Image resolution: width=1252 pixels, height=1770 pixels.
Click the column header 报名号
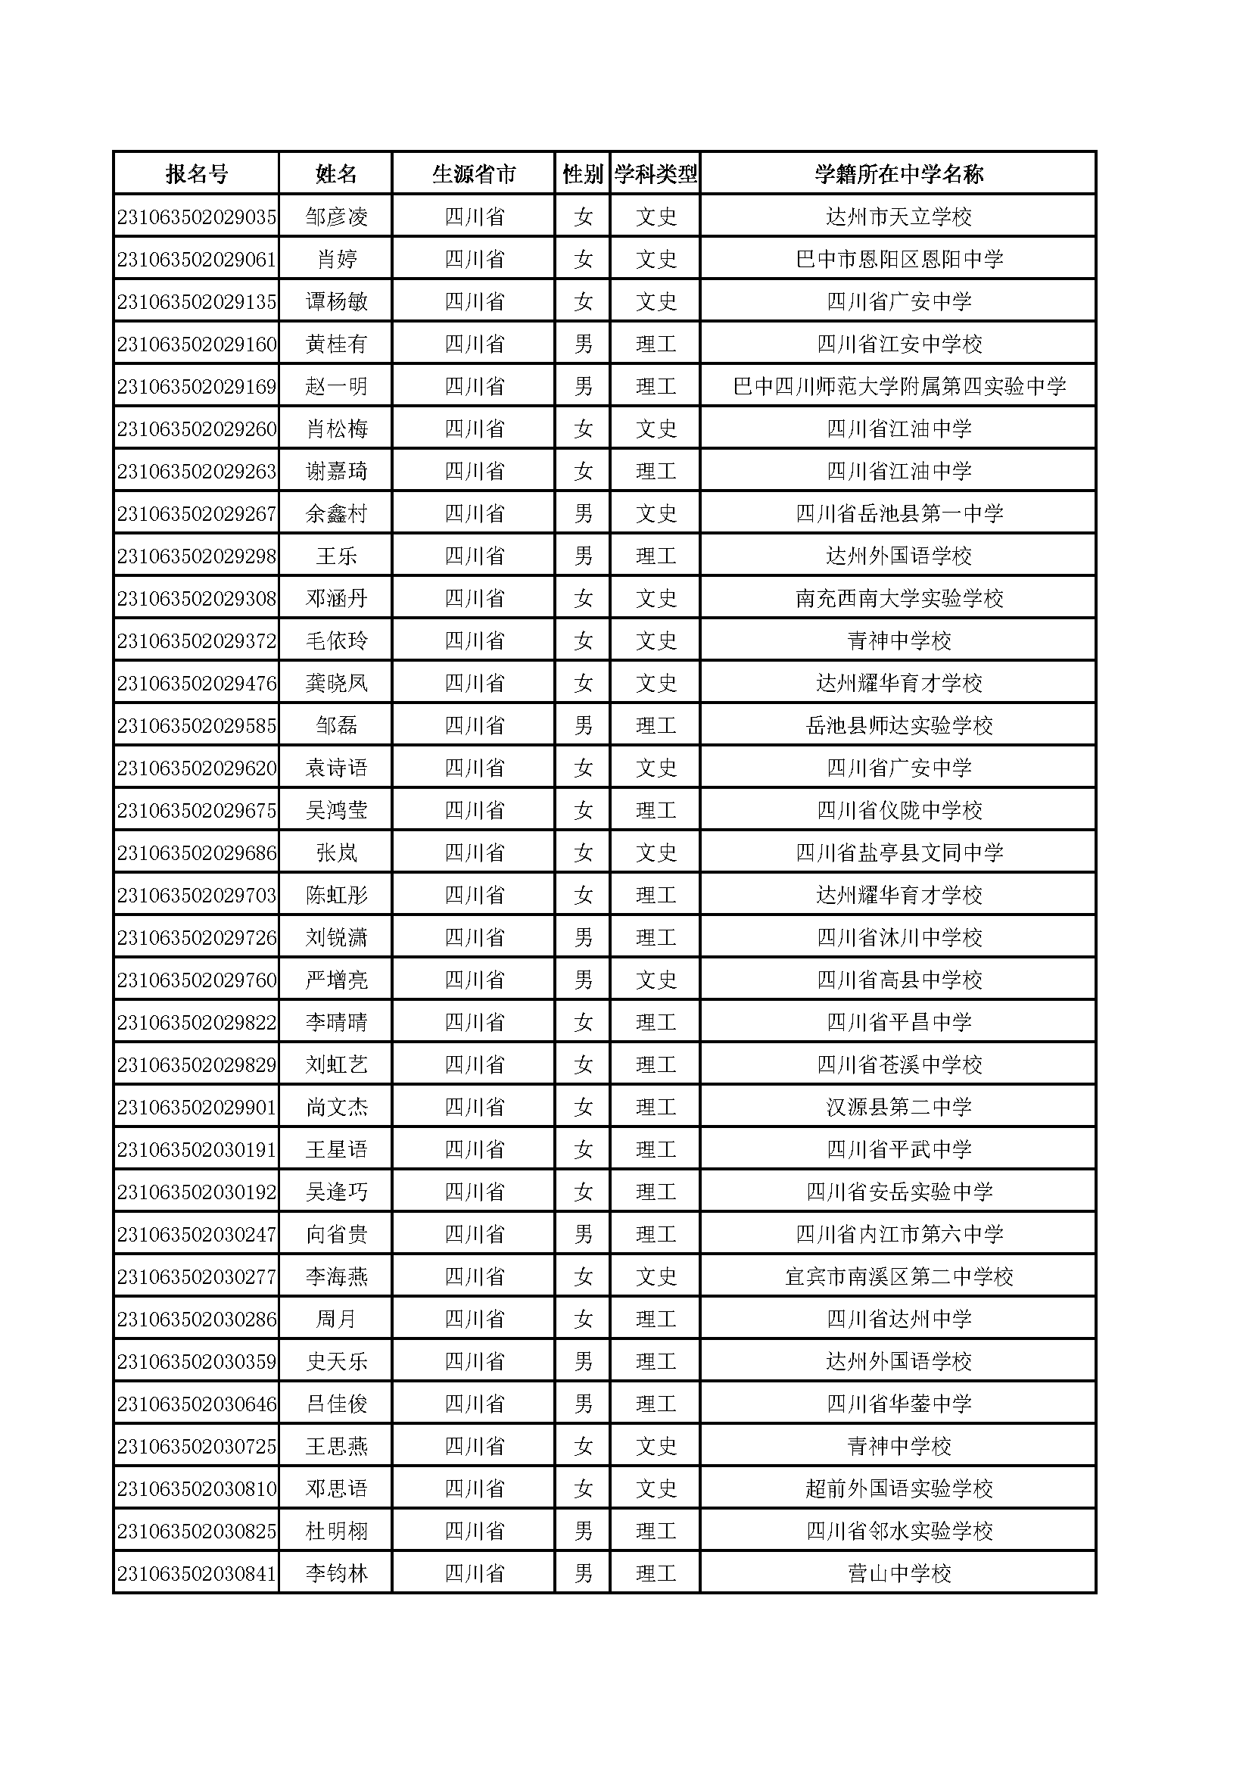point(197,174)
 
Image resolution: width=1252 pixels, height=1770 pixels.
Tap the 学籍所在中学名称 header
point(899,174)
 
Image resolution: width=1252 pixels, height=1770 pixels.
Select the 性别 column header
point(583,174)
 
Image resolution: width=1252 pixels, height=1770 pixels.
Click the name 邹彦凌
point(336,217)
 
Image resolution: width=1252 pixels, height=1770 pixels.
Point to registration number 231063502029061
point(197,259)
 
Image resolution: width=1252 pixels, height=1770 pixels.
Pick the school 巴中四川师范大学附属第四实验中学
point(899,386)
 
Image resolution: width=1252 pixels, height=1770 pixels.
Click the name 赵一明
point(336,386)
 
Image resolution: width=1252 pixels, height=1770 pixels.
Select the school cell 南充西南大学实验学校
point(899,598)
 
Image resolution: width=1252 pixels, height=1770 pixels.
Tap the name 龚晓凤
point(336,683)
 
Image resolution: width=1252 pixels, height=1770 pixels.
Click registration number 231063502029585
point(197,725)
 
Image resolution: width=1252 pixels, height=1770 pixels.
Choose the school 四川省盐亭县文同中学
point(899,852)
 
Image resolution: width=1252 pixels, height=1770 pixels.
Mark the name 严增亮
point(336,980)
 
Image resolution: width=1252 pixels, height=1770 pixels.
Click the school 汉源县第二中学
point(899,1107)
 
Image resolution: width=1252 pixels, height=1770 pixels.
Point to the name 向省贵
point(336,1234)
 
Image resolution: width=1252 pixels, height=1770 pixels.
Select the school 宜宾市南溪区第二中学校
point(899,1276)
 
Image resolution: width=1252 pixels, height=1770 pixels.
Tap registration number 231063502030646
point(197,1404)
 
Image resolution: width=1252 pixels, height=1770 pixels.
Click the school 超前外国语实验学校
point(899,1488)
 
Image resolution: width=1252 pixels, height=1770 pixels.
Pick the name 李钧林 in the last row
point(336,1573)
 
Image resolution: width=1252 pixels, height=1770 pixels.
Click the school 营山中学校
point(899,1573)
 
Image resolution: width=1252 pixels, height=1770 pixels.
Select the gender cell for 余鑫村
point(583,513)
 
